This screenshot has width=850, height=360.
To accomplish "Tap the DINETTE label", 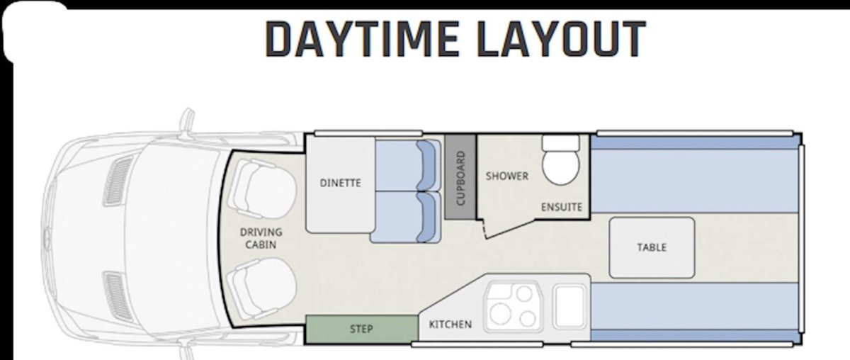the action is tap(341, 183).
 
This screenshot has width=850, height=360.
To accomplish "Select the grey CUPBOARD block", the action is tap(460, 176).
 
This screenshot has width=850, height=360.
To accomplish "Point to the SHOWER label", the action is tap(507, 176).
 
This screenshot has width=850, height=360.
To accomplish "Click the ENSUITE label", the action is tap(562, 208).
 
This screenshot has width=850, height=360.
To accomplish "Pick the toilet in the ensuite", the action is tap(561, 160).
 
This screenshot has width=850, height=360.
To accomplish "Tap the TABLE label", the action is tap(652, 247).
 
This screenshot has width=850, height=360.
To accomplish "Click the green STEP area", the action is tap(362, 329).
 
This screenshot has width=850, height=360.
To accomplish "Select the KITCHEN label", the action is tap(450, 325).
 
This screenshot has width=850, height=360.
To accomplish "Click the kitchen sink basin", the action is tap(569, 306).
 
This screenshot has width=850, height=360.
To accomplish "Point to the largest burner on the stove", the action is tap(500, 314).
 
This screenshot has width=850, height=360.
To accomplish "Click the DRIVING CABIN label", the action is tap(261, 238).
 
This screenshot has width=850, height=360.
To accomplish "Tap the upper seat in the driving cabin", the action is tap(263, 189).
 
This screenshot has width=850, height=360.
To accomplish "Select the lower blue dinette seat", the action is tap(406, 217).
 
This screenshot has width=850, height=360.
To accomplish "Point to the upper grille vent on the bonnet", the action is tap(118, 181).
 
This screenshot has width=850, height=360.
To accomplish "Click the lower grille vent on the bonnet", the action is tap(118, 297).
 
